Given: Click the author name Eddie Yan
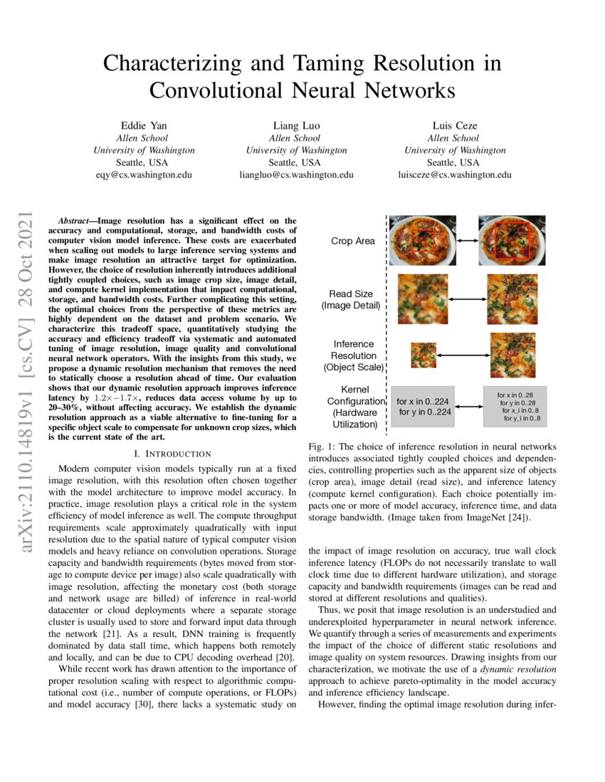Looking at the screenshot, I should (144, 125).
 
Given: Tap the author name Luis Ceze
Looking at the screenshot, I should (455, 125).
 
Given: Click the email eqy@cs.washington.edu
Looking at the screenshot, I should (144, 174).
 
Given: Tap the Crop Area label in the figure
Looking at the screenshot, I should (352, 241).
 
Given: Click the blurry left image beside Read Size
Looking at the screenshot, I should (423, 299).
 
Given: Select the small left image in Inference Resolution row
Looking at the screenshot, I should (423, 355).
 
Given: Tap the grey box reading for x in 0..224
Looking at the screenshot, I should (423, 407).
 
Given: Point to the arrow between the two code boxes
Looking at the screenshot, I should (468, 407).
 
